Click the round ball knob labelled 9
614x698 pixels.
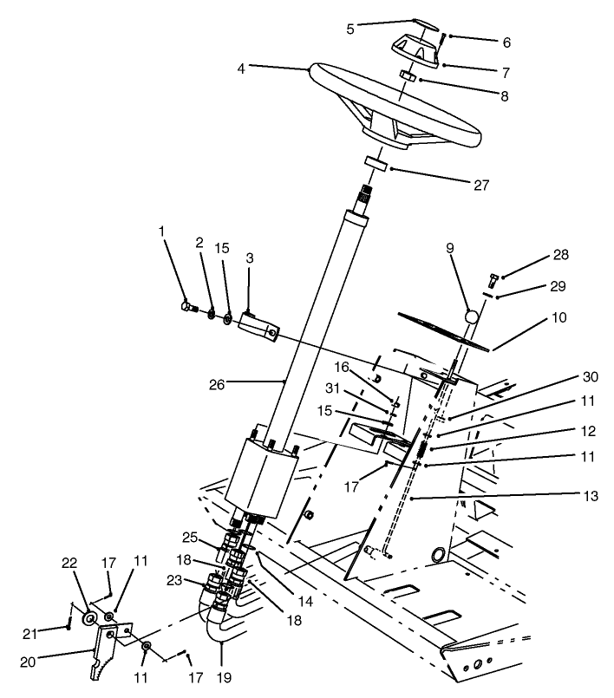pos(470,317)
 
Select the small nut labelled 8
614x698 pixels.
pos(405,78)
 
